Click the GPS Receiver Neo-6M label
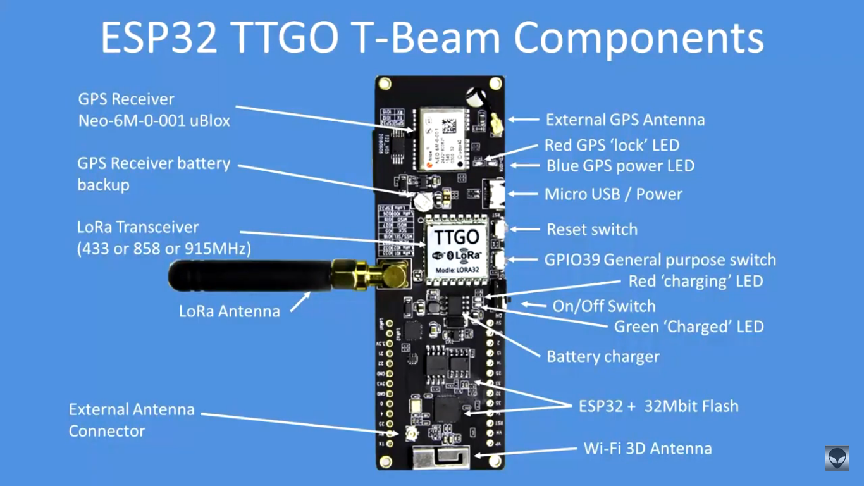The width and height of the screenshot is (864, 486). click(x=154, y=109)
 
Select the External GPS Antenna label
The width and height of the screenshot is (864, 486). click(x=625, y=120)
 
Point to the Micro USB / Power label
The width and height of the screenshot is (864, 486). click(x=613, y=194)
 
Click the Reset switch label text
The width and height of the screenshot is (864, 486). click(x=592, y=229)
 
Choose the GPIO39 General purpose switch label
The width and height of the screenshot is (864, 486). click(x=660, y=259)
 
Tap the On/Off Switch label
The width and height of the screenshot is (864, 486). click(x=604, y=306)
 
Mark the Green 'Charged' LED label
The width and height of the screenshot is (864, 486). click(x=689, y=327)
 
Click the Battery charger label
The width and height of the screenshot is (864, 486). click(x=603, y=356)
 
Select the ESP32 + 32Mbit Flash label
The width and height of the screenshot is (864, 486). click(x=658, y=406)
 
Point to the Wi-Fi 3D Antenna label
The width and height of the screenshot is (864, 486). click(x=647, y=449)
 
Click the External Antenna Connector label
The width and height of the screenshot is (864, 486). click(x=132, y=420)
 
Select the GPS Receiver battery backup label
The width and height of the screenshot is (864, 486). click(x=154, y=174)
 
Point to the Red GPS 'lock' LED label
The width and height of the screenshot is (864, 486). click(x=612, y=145)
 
